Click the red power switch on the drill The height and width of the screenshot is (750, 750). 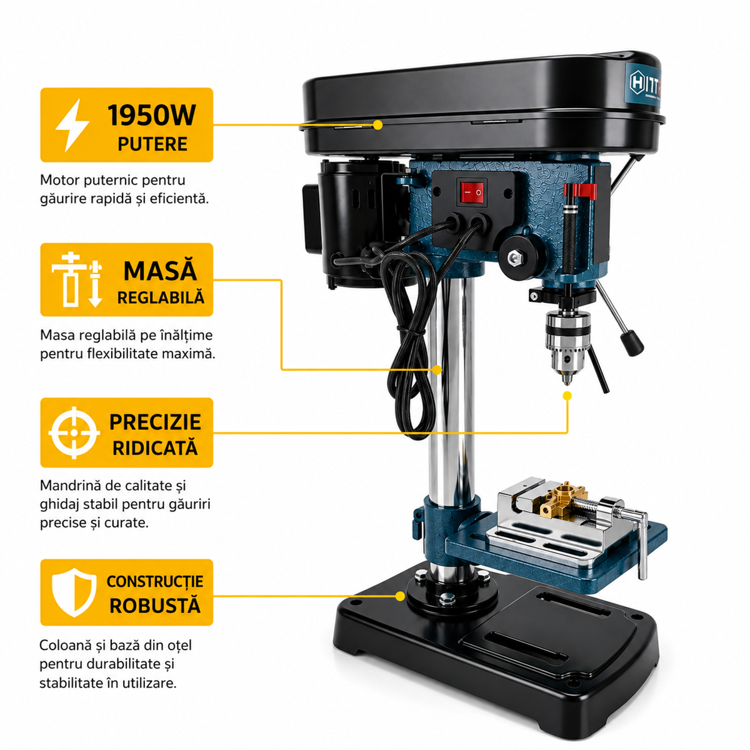[473, 192]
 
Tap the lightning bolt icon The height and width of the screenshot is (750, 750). [72, 125]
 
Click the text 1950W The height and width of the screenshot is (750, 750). [152, 115]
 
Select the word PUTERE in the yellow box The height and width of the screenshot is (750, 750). [152, 144]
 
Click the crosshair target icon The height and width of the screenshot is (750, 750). [74, 432]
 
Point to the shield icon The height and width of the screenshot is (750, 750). [74, 592]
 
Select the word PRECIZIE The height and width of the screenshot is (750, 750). [155, 422]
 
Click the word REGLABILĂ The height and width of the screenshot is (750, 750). [161, 297]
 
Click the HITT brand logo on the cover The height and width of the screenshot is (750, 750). [645, 82]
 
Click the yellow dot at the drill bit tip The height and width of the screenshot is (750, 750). [567, 396]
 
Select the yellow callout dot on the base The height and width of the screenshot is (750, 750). [400, 596]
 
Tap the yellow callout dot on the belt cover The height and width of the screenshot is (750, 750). [377, 124]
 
